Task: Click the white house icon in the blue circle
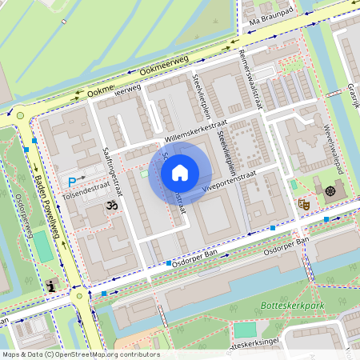180,172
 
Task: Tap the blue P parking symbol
72,182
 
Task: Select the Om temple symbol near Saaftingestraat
111,206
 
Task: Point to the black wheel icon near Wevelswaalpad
330,191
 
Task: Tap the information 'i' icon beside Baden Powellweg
52,286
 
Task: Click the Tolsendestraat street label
83,192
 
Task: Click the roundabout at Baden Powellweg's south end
81,296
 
